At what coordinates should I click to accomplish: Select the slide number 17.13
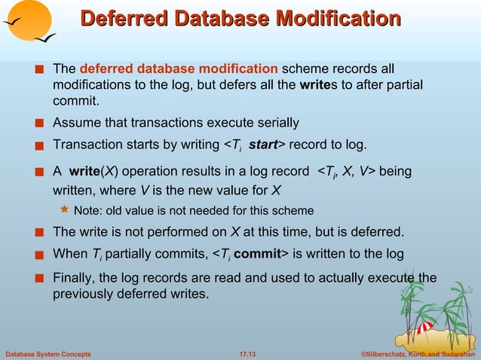point(247,353)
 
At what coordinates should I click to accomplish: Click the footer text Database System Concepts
point(48,353)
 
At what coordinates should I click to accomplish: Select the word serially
point(274,123)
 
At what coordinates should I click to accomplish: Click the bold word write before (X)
point(88,172)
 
